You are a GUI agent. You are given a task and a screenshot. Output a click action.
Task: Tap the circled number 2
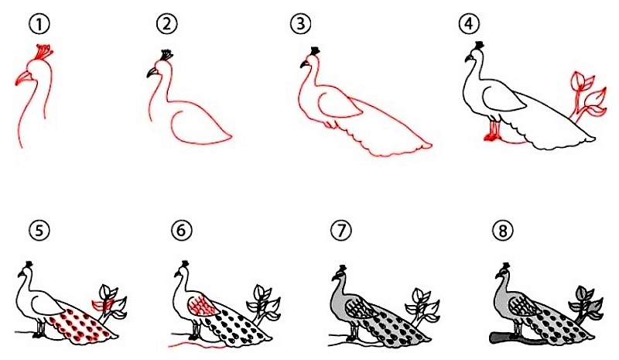(166, 24)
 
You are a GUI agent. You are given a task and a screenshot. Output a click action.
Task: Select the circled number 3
(300, 24)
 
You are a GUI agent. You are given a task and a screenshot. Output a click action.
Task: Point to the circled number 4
(468, 24)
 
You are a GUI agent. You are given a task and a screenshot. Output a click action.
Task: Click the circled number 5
(39, 230)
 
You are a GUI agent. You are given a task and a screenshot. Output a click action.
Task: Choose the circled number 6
(182, 230)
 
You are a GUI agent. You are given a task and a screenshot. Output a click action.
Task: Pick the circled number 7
(341, 230)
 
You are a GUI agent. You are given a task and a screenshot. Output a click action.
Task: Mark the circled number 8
(502, 230)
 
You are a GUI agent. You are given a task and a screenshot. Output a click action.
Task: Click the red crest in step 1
(45, 52)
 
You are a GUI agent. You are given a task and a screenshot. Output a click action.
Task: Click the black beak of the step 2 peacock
(152, 72)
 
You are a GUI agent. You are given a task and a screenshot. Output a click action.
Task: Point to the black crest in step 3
(315, 51)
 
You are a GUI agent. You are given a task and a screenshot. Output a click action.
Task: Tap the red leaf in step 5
(102, 304)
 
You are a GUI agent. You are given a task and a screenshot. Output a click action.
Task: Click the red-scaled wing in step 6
(201, 306)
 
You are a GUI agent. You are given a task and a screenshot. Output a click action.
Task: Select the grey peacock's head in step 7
(340, 275)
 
